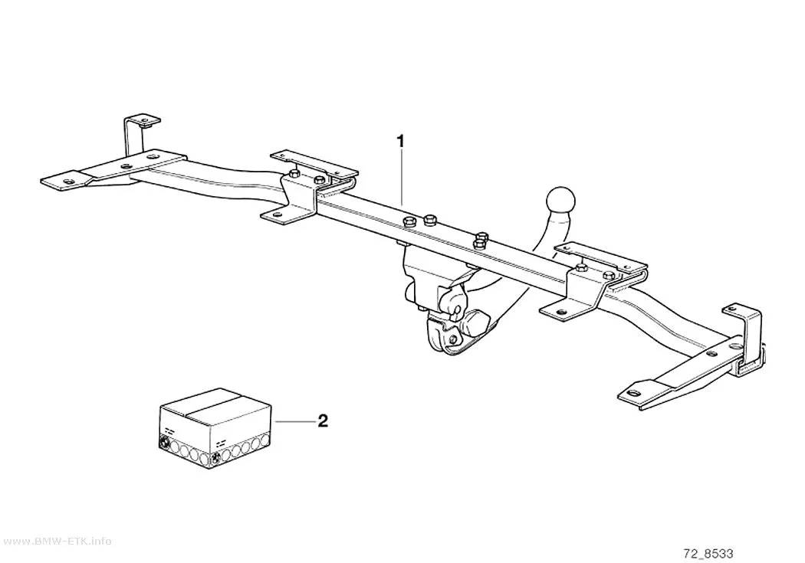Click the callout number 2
click(323, 421)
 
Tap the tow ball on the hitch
click(561, 199)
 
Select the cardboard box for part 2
click(215, 429)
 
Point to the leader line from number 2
click(294, 421)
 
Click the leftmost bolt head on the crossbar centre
click(409, 223)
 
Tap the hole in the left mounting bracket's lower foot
click(278, 214)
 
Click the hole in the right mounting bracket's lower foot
click(559, 312)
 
